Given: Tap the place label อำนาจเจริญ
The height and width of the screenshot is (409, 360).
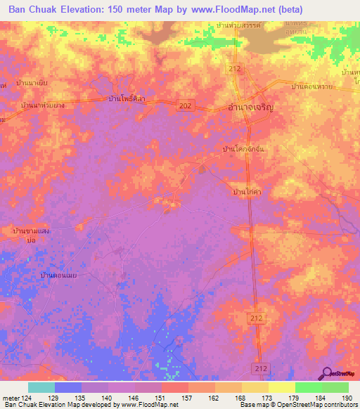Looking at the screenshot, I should click(x=241, y=108).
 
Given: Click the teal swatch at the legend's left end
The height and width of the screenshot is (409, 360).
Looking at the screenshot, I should click(x=41, y=387).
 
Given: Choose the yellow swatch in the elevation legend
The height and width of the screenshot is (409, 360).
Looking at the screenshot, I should click(x=281, y=387).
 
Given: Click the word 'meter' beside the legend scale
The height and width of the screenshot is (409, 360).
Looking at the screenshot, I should click(x=11, y=397).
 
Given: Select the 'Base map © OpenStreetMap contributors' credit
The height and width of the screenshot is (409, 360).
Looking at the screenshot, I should click(x=297, y=405).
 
